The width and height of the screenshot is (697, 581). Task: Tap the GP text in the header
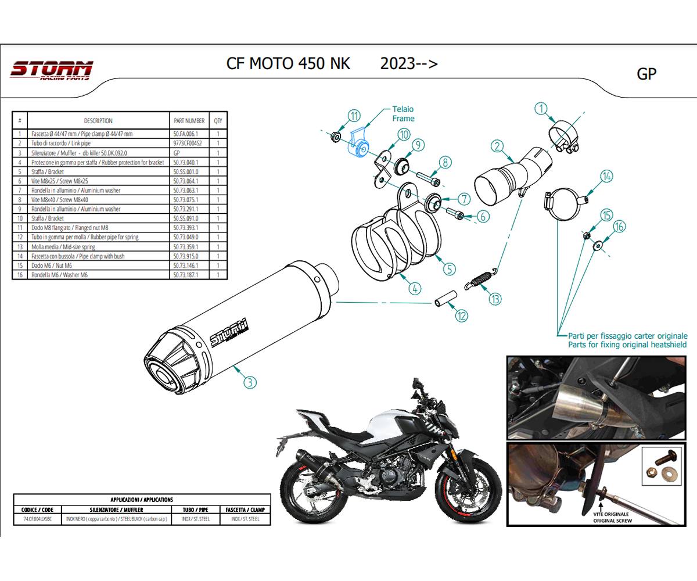point(646,74)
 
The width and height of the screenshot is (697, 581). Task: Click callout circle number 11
point(354,115)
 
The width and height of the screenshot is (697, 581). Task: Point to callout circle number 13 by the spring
point(495,299)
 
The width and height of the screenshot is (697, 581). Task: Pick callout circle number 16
point(619,227)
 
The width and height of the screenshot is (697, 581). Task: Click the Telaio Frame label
point(403,114)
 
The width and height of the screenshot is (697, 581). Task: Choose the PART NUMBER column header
point(188,121)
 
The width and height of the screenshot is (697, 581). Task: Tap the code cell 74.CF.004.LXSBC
point(37,518)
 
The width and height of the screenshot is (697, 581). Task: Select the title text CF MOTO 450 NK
point(288,63)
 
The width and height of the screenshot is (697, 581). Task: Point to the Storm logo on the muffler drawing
point(228,332)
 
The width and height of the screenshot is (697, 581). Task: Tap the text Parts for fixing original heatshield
point(627,345)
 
